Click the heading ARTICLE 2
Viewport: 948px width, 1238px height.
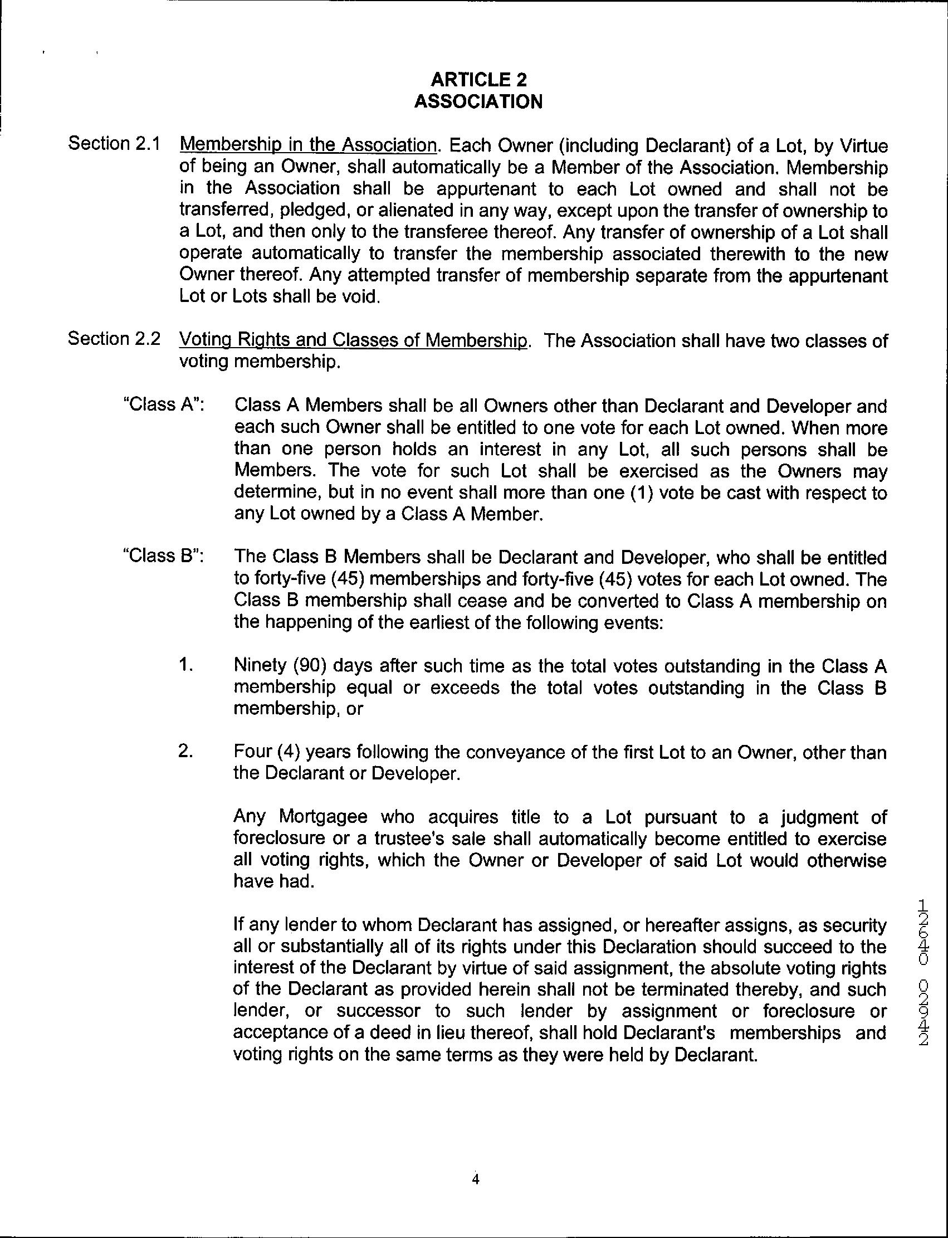click(x=478, y=79)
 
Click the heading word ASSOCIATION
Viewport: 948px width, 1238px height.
click(x=478, y=101)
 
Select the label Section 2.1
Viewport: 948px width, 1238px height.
click(x=115, y=143)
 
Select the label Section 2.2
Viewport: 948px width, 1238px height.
click(x=115, y=339)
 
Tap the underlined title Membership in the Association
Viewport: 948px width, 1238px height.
click(x=309, y=145)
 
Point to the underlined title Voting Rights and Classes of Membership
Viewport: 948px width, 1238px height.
click(x=354, y=340)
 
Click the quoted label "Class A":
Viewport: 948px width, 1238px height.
click(x=164, y=404)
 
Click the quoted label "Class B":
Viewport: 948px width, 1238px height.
click(x=164, y=556)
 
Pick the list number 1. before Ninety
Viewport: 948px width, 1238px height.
click(x=186, y=665)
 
